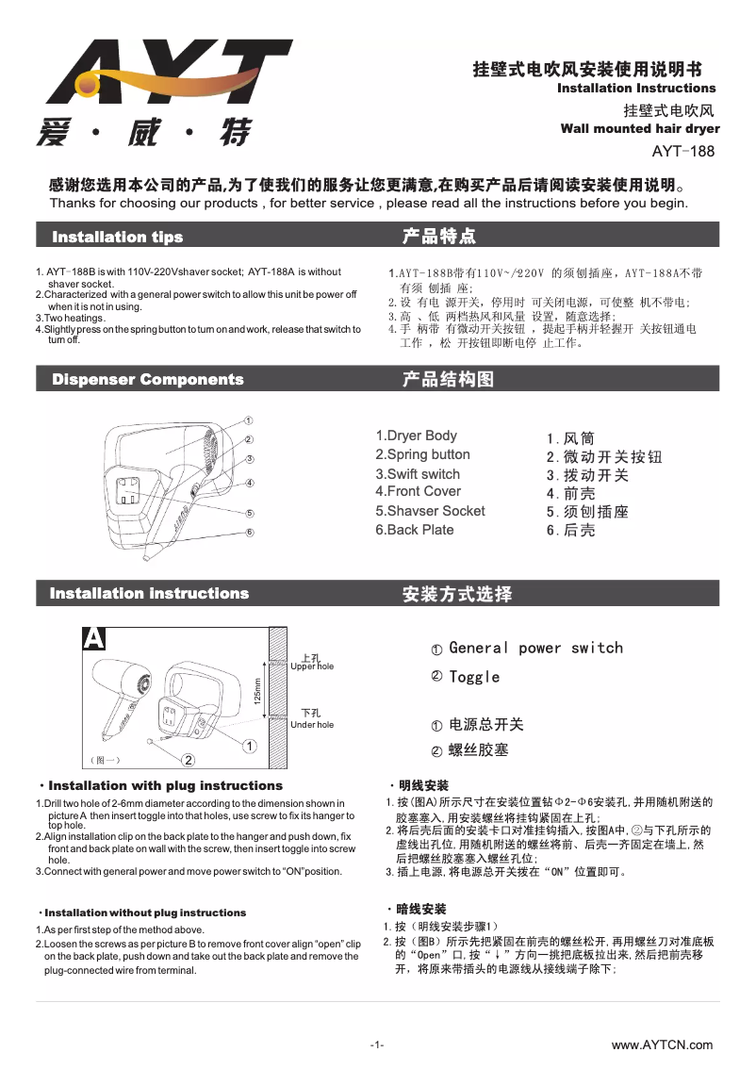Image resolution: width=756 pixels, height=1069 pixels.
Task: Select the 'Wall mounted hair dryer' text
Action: click(639, 128)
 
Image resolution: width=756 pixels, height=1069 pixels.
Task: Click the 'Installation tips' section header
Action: click(118, 236)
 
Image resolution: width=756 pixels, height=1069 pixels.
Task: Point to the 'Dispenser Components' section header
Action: click(148, 379)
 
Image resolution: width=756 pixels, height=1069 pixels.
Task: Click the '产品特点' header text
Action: click(438, 235)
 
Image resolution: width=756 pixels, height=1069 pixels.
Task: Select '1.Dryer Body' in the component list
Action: click(416, 436)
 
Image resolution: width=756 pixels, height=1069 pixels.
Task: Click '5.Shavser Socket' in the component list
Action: click(430, 511)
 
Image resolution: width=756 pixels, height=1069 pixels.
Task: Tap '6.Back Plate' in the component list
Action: click(414, 530)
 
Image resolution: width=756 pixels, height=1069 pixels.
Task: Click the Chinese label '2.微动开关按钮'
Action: click(604, 457)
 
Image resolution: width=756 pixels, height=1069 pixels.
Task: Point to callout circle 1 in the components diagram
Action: click(247, 419)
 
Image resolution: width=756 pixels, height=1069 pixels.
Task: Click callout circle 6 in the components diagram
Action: click(249, 533)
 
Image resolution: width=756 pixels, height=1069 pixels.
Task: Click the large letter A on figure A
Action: click(93, 638)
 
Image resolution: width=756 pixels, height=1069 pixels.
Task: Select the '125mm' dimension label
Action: click(256, 695)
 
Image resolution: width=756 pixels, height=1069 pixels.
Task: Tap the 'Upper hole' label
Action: click(312, 666)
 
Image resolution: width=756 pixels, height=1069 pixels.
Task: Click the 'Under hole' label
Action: click(312, 724)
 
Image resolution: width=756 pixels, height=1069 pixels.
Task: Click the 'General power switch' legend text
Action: click(535, 648)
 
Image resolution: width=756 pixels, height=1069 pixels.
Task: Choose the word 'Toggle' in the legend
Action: click(474, 677)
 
